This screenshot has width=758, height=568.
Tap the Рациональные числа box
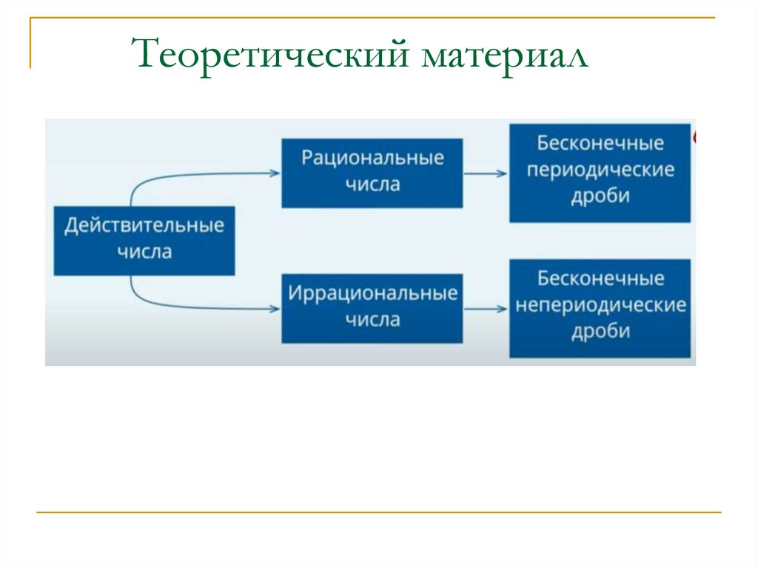[x=372, y=172]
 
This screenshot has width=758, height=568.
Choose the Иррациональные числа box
[x=372, y=307]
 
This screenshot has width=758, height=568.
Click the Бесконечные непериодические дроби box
[x=600, y=307]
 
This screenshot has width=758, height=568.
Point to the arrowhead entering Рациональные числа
[x=275, y=173]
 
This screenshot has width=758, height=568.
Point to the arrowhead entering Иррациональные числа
[x=275, y=307]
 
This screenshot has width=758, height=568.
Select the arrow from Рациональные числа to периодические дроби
[x=486, y=174]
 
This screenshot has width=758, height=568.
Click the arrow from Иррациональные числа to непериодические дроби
[x=486, y=307]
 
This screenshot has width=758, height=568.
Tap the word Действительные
[x=144, y=225]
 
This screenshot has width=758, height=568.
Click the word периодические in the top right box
[x=600, y=170]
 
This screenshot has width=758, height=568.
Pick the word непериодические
[x=600, y=306]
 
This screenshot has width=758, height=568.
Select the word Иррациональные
[x=372, y=293]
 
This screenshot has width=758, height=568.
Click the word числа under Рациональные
[x=372, y=185]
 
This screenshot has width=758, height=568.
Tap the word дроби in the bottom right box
[x=600, y=331]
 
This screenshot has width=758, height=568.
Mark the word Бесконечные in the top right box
[x=600, y=143]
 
